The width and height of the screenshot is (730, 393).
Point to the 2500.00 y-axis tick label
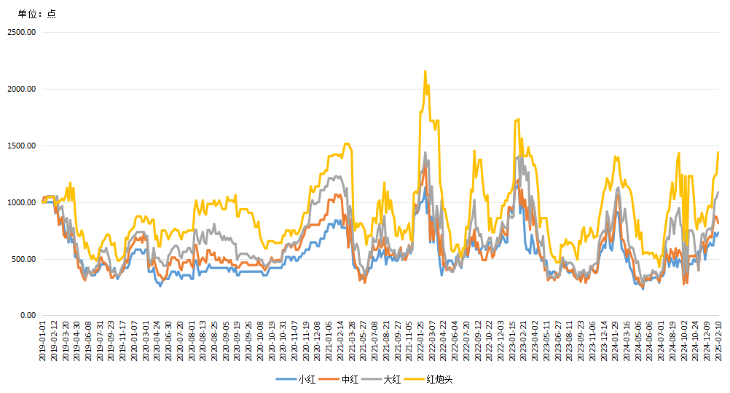click(21, 32)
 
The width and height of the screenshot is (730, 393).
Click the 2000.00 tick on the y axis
click(21, 89)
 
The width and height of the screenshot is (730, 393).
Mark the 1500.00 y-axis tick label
click(21, 146)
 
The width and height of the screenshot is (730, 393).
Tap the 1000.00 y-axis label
click(21, 202)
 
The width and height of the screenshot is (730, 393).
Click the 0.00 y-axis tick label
click(27, 316)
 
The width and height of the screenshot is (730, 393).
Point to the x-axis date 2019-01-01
click(43, 341)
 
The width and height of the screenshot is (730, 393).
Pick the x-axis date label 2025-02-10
click(719, 341)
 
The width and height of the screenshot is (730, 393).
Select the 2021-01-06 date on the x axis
click(340, 341)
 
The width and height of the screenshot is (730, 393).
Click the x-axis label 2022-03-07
click(432, 341)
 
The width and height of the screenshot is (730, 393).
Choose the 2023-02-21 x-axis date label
click(524, 341)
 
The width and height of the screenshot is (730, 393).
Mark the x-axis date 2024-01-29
click(616, 341)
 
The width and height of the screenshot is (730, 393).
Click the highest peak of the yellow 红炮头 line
click(425, 71)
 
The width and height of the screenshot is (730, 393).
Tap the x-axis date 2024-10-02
click(685, 341)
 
